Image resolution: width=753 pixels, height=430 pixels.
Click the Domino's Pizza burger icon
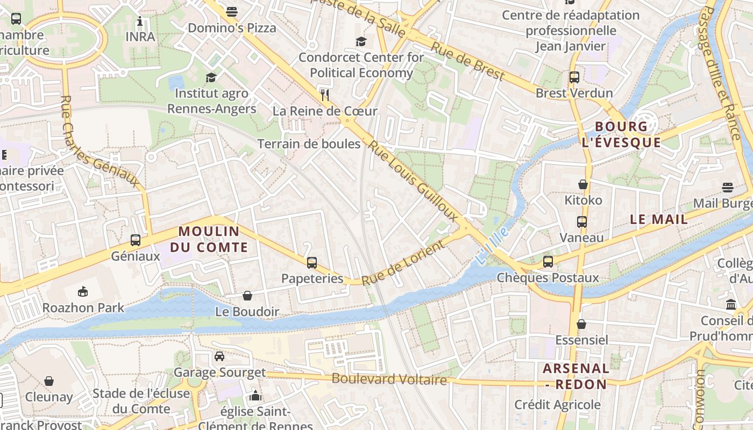coord(232,11)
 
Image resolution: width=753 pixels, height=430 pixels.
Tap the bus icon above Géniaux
coord(136,240)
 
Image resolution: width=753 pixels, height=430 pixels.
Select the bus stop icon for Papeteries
coord(312,263)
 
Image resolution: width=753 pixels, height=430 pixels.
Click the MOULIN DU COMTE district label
coord(214,239)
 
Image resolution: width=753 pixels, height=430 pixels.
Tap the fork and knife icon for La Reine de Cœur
coord(324,95)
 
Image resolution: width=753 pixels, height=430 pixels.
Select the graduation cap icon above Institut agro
coord(211,78)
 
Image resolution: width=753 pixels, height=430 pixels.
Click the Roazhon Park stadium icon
coord(83,292)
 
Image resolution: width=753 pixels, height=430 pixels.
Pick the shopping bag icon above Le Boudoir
coord(247,296)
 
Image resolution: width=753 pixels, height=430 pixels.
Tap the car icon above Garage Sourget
coord(219,356)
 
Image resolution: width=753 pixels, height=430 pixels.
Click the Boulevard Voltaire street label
coord(389,379)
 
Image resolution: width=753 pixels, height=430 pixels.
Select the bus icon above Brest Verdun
coord(574,77)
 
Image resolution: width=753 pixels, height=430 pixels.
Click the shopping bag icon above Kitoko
coord(583,184)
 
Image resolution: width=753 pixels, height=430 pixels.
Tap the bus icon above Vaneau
coord(581,221)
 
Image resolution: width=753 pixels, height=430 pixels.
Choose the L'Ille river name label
coord(492,246)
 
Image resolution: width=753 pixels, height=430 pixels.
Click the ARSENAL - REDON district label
coord(576,376)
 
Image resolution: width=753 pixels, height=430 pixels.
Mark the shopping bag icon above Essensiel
coord(581,324)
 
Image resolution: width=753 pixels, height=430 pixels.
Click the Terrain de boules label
coord(309,144)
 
